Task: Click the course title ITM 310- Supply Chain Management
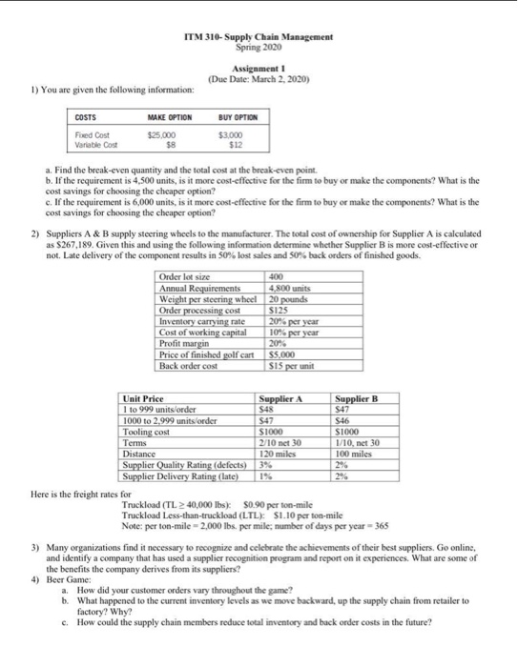click(x=258, y=36)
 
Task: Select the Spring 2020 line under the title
click(x=258, y=46)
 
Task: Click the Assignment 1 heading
click(x=258, y=70)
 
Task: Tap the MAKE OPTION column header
click(x=170, y=118)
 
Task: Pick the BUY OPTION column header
click(x=239, y=118)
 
